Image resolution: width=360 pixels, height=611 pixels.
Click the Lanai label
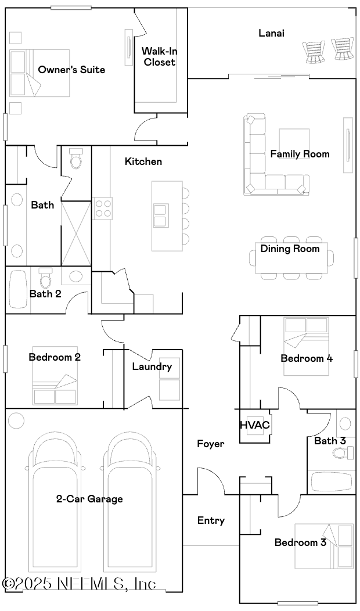[271, 33]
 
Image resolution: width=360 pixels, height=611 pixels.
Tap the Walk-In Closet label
[159, 56]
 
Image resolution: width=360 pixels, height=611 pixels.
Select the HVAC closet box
[255, 425]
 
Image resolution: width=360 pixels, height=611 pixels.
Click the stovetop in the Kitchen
[103, 208]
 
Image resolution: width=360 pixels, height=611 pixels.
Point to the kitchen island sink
[160, 214]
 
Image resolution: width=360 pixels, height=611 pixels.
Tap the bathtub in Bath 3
[332, 482]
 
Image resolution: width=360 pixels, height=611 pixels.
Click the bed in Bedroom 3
[323, 546]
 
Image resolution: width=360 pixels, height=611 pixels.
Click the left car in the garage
[55, 499]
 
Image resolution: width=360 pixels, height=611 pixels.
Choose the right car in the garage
[131, 499]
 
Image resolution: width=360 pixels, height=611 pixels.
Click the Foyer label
[210, 444]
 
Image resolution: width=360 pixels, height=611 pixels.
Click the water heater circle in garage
[16, 420]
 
